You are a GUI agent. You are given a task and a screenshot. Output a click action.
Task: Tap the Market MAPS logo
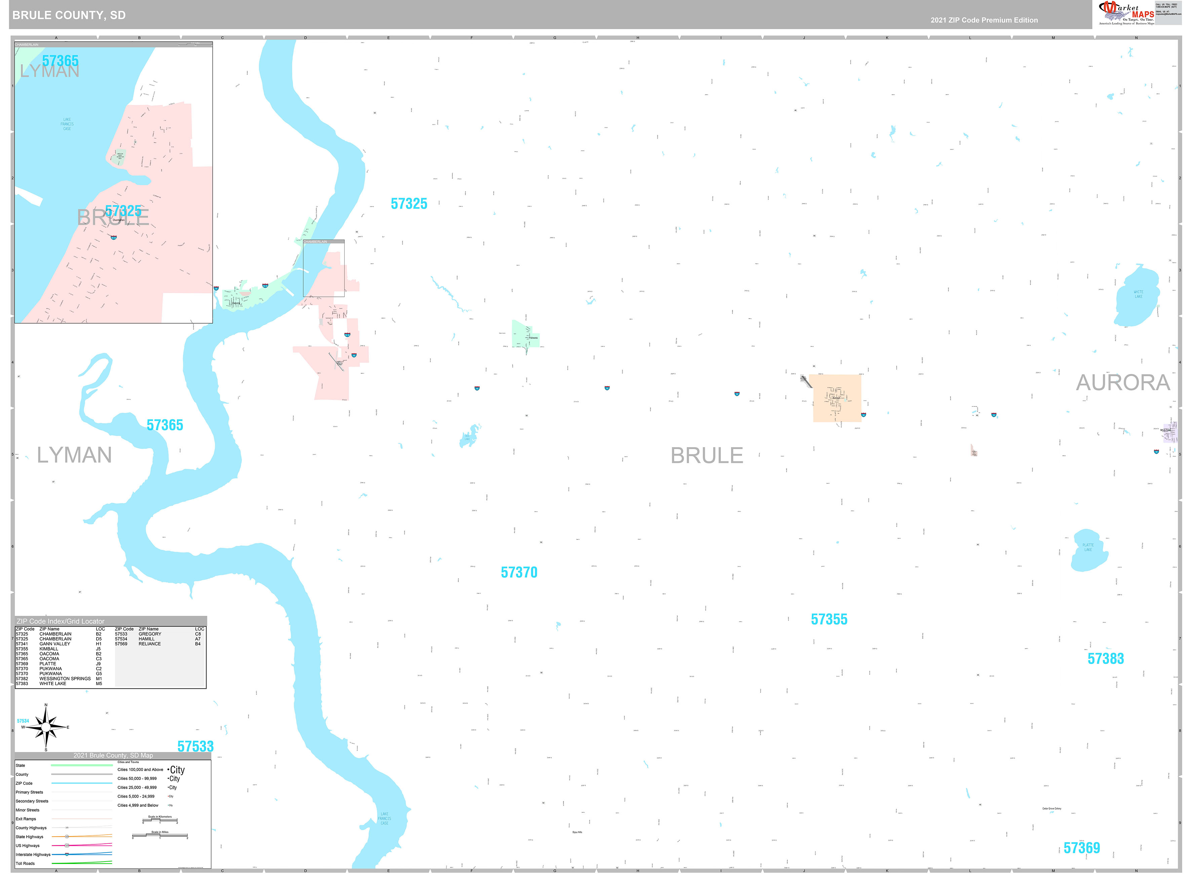[1125, 13]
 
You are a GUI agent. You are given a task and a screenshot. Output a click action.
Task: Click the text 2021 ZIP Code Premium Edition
[984, 20]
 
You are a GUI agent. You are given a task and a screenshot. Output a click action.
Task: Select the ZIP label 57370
[519, 572]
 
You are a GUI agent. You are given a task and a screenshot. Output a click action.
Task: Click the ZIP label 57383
[1105, 659]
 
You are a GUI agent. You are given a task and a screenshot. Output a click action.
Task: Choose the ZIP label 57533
[195, 747]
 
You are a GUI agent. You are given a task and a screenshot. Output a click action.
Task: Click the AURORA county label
[1123, 383]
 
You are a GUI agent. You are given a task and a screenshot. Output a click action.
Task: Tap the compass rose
[46, 727]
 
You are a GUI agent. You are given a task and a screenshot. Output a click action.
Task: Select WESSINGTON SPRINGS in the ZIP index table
[65, 679]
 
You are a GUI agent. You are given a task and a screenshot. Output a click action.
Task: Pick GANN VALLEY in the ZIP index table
[54, 644]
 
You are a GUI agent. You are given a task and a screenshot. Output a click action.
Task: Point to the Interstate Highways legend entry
[33, 855]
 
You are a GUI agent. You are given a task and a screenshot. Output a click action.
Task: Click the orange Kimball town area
[837, 398]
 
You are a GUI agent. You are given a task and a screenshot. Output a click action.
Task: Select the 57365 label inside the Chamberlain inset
[60, 61]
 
